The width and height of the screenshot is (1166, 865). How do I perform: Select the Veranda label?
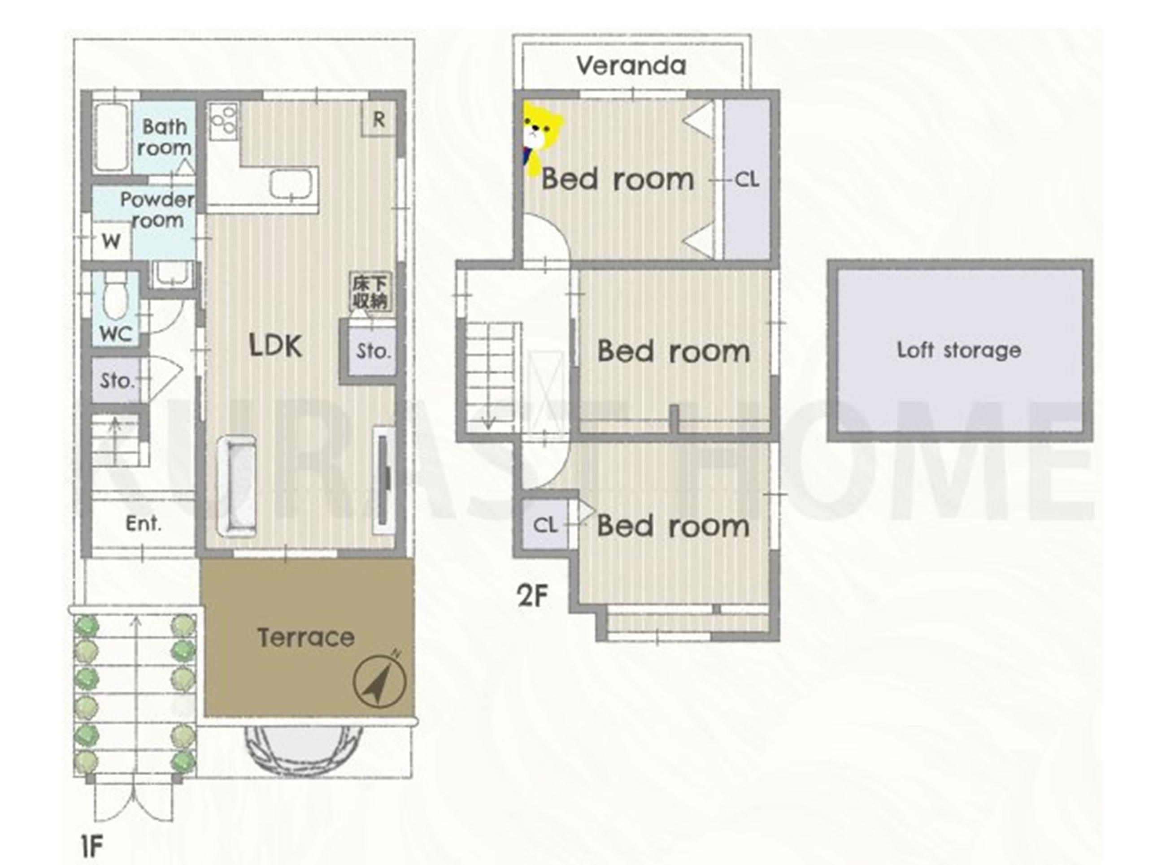point(631,65)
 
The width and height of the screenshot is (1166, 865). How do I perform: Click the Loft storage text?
point(959,350)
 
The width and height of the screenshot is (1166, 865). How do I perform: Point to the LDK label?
point(275,346)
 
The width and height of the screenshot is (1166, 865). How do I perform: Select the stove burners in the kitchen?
point(224,121)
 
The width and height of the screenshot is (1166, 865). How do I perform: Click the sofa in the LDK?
point(237,486)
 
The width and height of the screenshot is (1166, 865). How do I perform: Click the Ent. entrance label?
point(143,523)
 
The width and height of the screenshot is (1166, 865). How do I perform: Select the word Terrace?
point(306,637)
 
